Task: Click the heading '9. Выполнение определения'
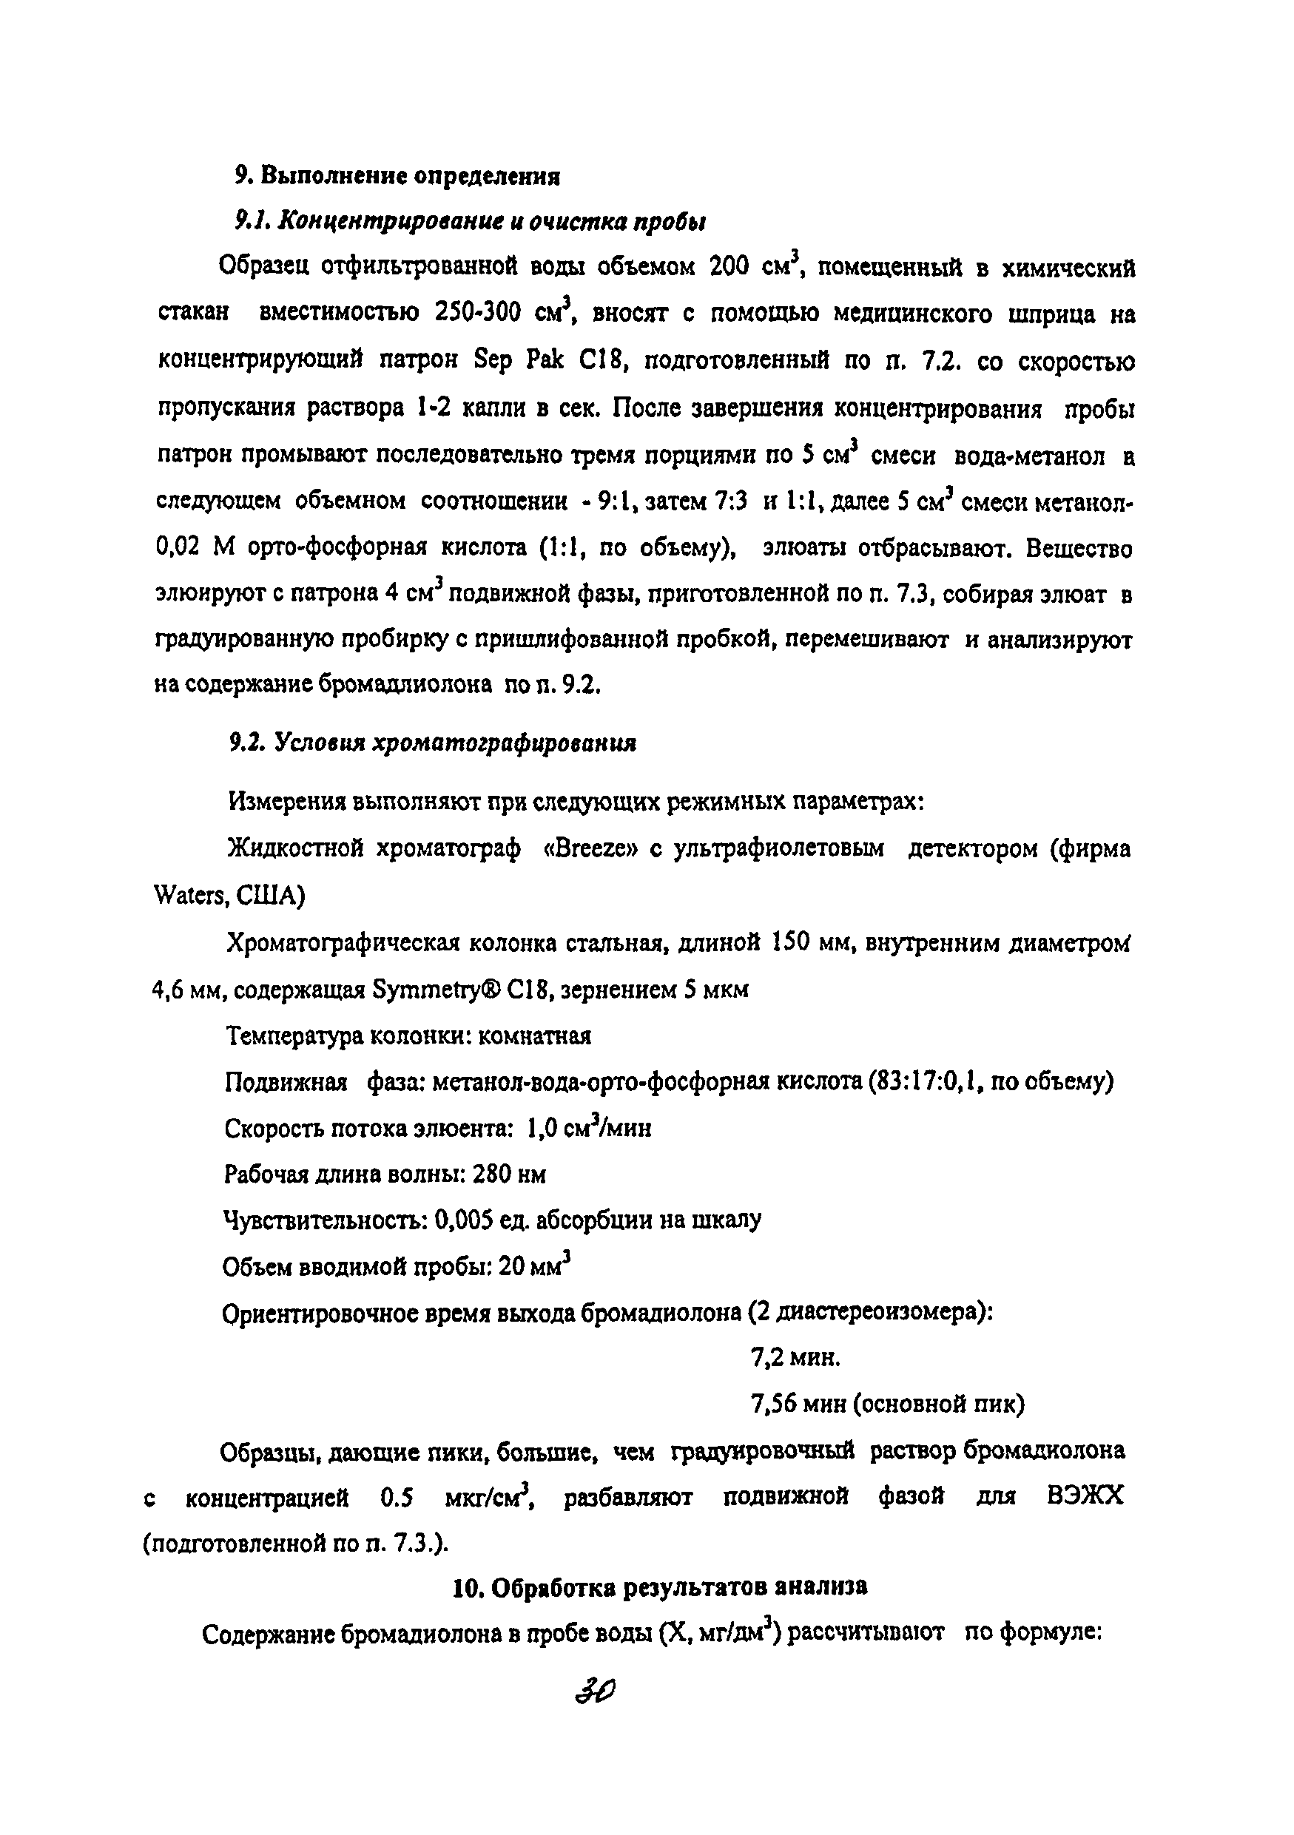click(x=397, y=175)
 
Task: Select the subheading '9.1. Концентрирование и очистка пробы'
click(x=469, y=221)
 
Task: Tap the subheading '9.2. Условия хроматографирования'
click(x=432, y=743)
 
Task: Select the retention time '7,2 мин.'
click(x=795, y=1358)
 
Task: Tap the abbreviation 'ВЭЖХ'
click(x=1085, y=1496)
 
